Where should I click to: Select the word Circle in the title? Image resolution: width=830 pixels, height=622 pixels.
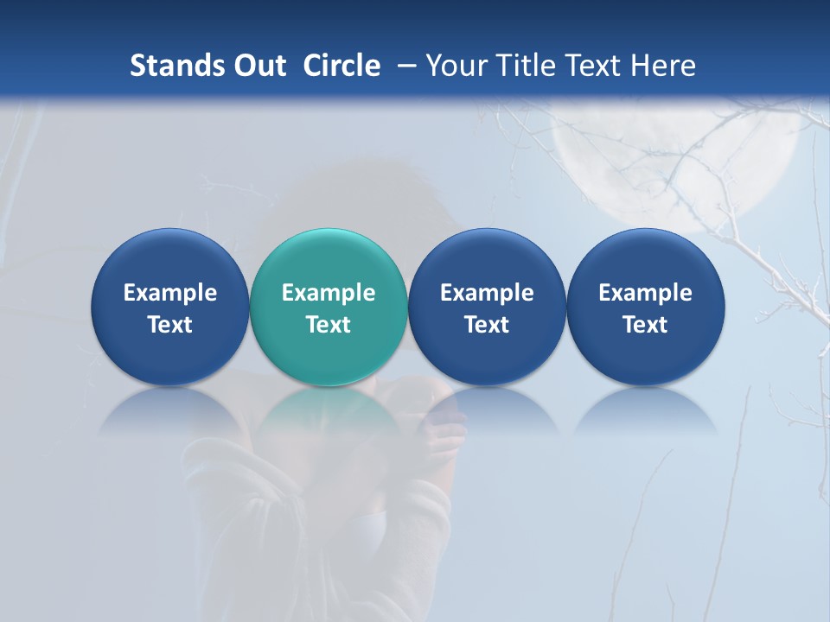342,66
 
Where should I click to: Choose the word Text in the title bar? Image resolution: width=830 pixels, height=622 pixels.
585,66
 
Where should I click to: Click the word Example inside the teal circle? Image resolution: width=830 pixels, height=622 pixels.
329,293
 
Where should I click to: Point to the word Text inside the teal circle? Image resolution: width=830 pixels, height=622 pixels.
329,325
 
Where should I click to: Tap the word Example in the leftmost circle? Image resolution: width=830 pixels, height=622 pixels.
169,293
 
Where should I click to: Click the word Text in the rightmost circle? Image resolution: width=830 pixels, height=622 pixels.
645,325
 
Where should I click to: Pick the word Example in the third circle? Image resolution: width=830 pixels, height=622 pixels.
487,293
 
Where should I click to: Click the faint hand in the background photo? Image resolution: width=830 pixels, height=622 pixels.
441,432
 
